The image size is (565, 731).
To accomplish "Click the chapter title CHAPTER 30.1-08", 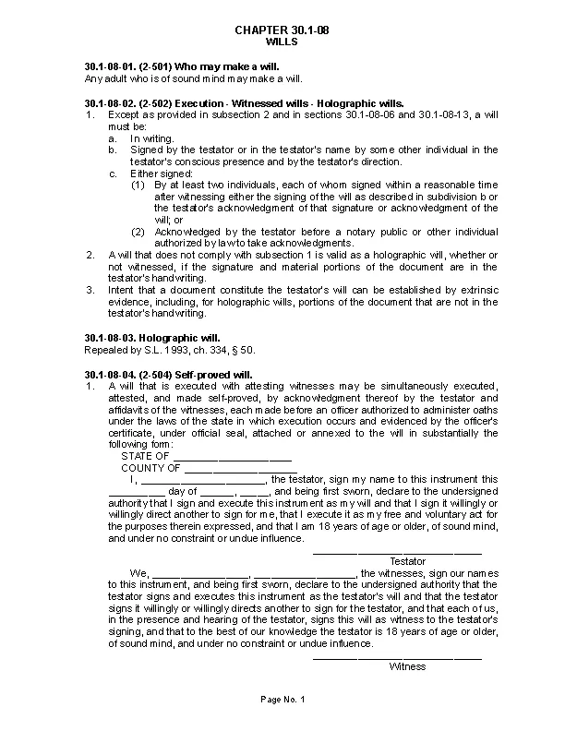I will pos(282,31).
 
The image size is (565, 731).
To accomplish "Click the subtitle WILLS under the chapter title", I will pos(282,42).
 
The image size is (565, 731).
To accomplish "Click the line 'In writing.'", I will pos(151,138).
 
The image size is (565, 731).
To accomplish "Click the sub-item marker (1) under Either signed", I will pos(138,185).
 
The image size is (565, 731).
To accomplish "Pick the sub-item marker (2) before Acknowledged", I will pos(138,232).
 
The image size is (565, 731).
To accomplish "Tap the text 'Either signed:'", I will pos(161,174).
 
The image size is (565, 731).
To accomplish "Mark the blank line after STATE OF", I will pos(232,457).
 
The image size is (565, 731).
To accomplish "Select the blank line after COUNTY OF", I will pos(240,468).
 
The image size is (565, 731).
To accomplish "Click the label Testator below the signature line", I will pos(407,561).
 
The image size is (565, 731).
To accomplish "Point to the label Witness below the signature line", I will pos(407,666).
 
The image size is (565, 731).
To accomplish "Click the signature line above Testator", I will pos(397,552).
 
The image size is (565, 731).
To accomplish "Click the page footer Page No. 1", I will pos(282,701).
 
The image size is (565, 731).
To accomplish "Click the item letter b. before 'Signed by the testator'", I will pos(113,150).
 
